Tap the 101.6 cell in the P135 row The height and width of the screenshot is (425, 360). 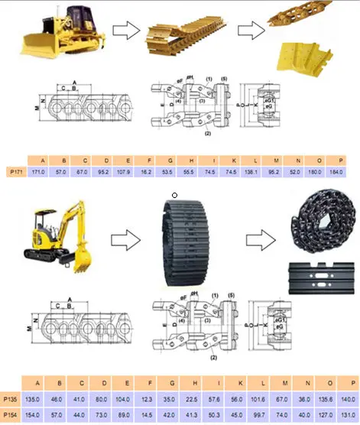[x=260, y=399]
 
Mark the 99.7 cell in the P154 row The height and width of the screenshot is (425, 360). [x=260, y=413]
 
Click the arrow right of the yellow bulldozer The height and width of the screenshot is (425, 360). [x=125, y=31]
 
